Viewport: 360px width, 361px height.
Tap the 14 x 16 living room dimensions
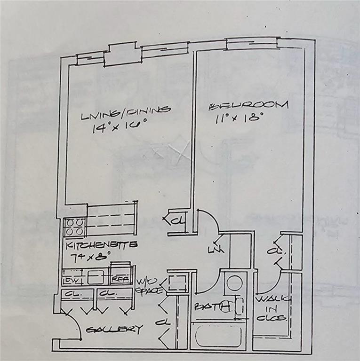click(120, 126)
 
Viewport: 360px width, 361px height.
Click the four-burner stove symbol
click(75, 227)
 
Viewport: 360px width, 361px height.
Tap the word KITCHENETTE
click(101, 245)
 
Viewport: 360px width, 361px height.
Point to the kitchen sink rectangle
click(96, 277)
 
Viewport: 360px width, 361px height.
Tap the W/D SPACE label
click(149, 286)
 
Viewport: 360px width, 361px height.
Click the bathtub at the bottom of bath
click(217, 337)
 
